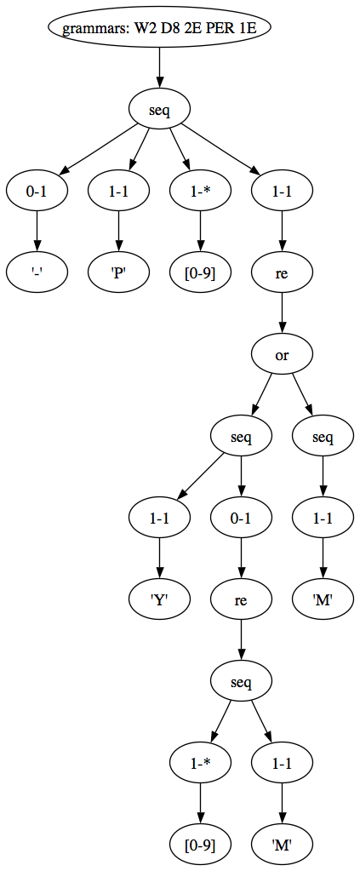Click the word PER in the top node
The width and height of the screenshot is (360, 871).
tap(213, 28)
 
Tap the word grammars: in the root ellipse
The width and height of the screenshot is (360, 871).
tap(94, 28)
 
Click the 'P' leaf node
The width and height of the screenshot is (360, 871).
tap(118, 272)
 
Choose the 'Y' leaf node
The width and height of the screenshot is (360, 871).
tap(159, 599)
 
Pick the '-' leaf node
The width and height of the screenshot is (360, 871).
tap(37, 272)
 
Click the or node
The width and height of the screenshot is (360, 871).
tap(282, 354)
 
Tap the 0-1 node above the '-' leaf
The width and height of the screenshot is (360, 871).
tap(37, 191)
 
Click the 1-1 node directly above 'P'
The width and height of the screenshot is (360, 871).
tap(118, 191)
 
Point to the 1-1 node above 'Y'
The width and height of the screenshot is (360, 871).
tap(159, 518)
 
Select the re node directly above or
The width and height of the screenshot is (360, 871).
tap(282, 272)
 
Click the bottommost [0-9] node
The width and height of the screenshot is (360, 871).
tap(200, 845)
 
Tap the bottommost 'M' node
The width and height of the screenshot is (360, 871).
tap(282, 845)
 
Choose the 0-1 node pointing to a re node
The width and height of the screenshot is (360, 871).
tap(241, 518)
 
